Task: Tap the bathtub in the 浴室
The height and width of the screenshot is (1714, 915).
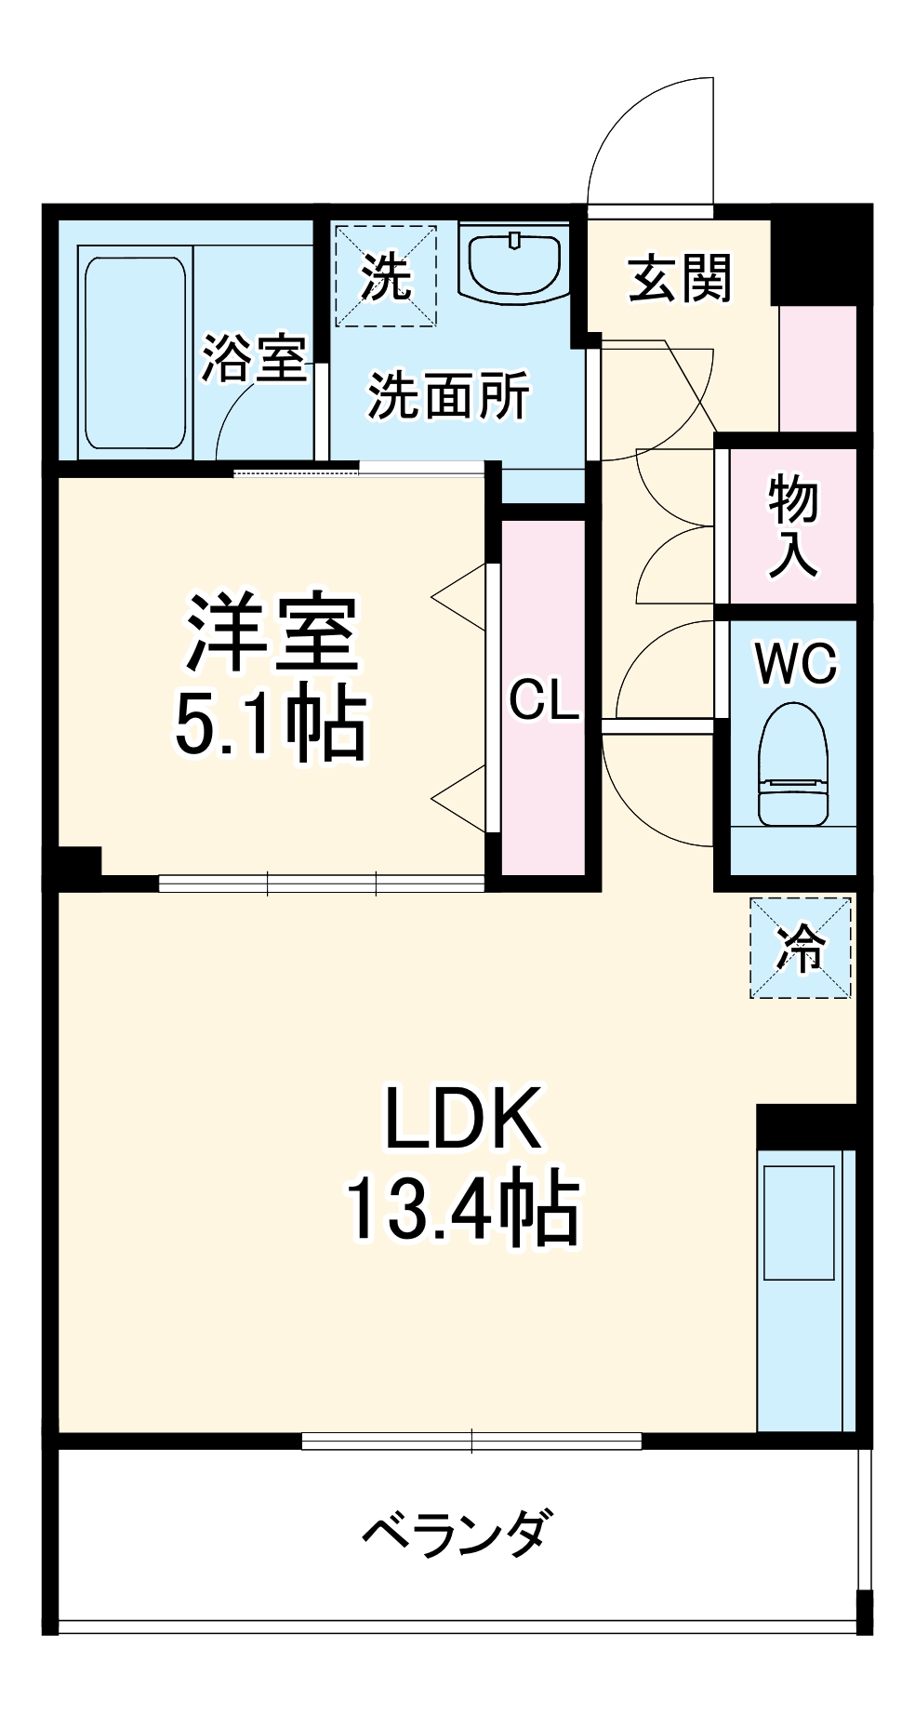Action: coord(135,353)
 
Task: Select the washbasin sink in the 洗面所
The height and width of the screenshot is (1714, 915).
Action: coord(514,264)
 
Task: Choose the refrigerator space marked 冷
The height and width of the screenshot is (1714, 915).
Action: coord(800,948)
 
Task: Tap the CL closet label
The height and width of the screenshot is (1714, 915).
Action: coord(544,699)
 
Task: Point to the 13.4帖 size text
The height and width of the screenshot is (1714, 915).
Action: coord(462,1210)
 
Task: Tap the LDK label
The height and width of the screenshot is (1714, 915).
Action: coord(462,1120)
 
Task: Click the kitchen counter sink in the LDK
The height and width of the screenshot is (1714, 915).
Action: coord(799,1222)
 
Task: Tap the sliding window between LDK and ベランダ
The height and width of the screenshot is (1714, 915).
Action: coord(471,1442)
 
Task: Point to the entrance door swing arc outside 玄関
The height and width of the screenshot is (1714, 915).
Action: coord(651,140)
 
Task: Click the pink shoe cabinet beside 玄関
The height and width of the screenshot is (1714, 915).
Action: coord(817,368)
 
